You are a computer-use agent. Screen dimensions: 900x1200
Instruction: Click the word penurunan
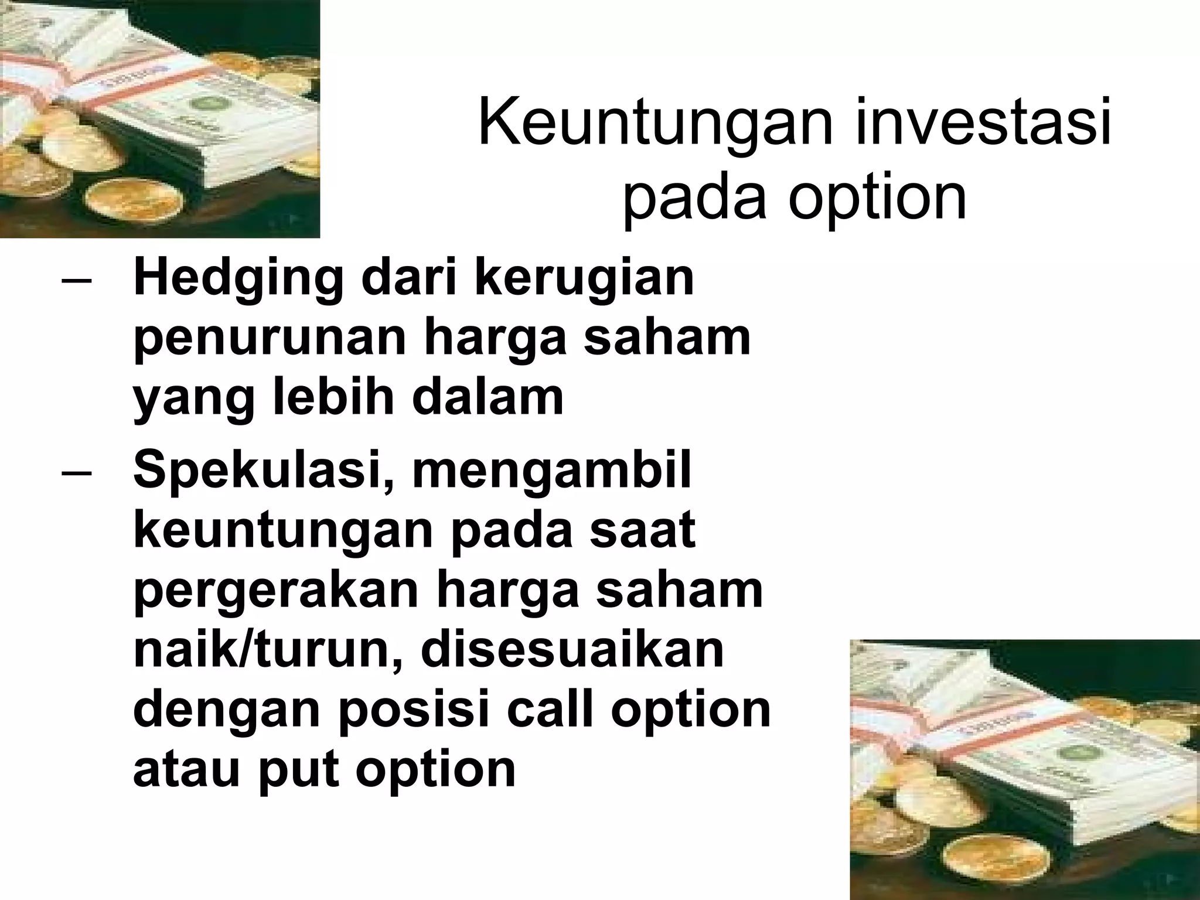pyautogui.click(x=270, y=340)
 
